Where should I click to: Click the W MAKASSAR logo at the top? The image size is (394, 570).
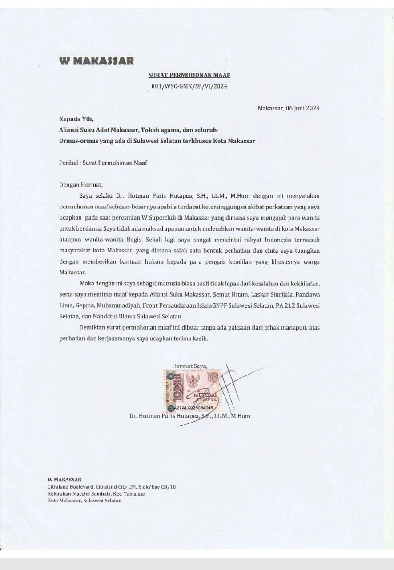(x=96, y=61)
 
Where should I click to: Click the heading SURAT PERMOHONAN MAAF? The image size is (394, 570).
(x=189, y=76)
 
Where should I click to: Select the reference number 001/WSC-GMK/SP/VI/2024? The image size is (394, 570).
(x=189, y=86)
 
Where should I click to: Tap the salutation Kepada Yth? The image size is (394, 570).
(x=76, y=119)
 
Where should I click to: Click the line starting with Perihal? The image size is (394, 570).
(x=103, y=163)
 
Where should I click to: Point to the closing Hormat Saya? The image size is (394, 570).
(x=189, y=366)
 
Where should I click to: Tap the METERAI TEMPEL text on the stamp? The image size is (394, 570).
(x=205, y=397)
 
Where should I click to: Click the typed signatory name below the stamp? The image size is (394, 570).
(x=189, y=416)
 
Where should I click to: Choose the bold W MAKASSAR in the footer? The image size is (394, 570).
(x=64, y=480)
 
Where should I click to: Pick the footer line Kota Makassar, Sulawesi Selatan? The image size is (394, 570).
(x=84, y=501)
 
